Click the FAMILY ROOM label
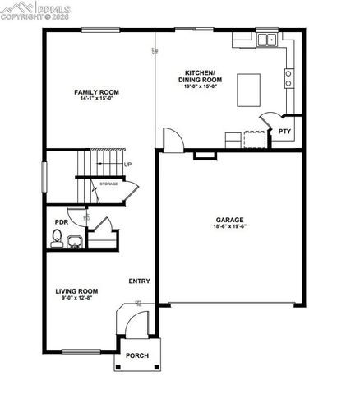pos(96,91)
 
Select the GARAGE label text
pos(229,220)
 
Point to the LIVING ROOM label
pos(76,291)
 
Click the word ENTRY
pos(139,281)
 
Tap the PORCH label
pos(136,356)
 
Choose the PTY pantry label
pos(284,131)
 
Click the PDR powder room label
pos(61,222)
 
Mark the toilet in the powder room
pos(57,239)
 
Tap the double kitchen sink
pos(265,39)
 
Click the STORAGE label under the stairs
pos(108,184)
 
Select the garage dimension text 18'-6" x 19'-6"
pos(229,227)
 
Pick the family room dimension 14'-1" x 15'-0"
pos(96,99)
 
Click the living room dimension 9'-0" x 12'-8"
pos(76,299)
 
